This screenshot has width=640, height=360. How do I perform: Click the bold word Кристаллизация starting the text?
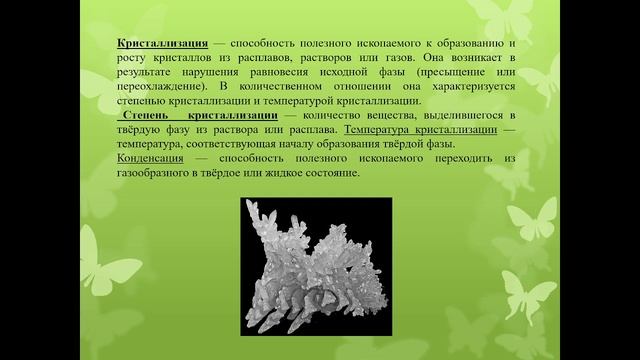pyautogui.click(x=162, y=45)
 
